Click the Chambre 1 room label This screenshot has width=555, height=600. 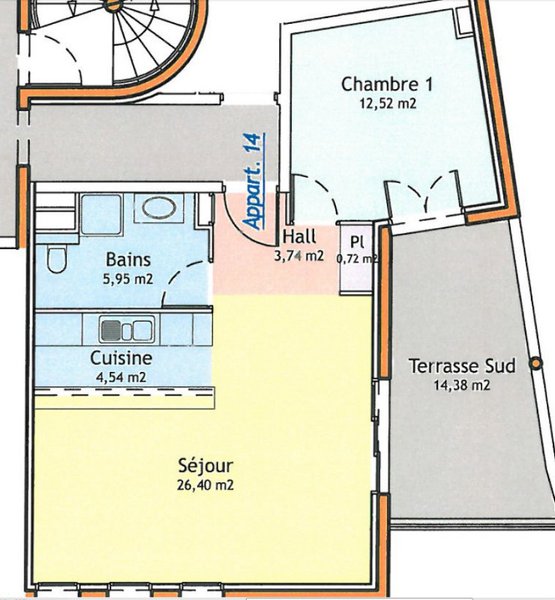(387, 84)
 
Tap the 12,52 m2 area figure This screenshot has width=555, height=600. (388, 104)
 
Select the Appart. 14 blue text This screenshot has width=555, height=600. (254, 181)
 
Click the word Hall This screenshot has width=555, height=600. (299, 236)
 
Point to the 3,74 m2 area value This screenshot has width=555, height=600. (299, 256)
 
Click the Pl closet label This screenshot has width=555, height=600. (357, 242)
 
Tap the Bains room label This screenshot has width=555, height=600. (128, 259)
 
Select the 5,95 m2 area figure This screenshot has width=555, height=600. (128, 279)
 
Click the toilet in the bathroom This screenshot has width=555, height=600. (57, 259)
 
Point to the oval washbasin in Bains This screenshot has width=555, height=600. (159, 208)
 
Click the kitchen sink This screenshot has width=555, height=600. (127, 329)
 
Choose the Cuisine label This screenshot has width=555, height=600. (121, 358)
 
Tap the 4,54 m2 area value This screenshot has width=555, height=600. (121, 377)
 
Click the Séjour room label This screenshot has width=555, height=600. (206, 466)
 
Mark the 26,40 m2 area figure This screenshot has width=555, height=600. (206, 485)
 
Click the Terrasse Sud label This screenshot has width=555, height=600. (462, 366)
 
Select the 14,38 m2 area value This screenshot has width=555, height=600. (462, 385)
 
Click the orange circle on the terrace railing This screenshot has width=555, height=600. (536, 363)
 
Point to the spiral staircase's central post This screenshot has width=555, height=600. (114, 5)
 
